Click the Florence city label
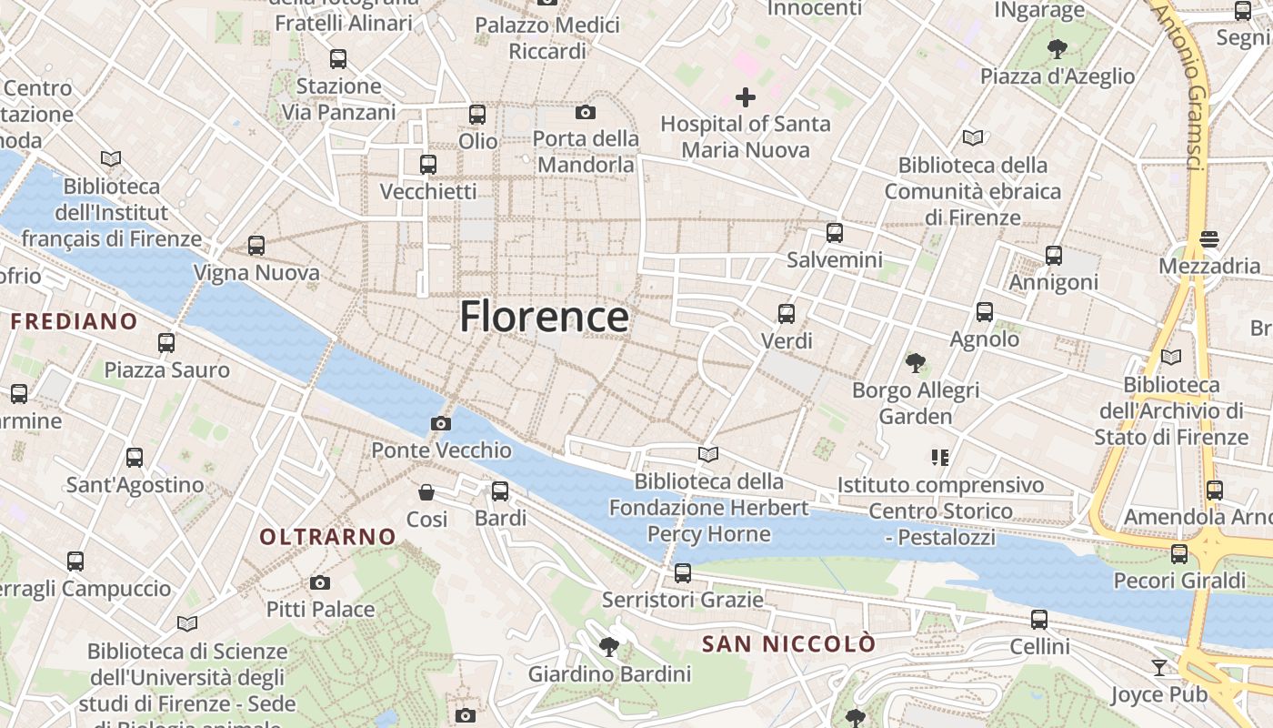coord(544,317)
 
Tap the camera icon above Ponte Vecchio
coord(441,423)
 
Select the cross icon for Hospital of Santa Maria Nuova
coord(746,97)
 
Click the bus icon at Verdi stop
coord(787,314)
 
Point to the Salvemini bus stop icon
coord(835,233)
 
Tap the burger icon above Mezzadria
coord(1209,239)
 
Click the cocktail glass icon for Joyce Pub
coord(1158,668)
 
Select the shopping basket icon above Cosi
coord(426,492)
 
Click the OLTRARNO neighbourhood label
coord(328,537)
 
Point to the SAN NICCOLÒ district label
coord(789,644)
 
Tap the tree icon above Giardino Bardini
coord(609,647)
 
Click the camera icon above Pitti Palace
coord(320,582)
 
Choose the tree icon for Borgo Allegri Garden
coord(916,363)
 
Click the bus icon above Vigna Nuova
coord(256,245)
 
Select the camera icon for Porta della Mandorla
coord(586,113)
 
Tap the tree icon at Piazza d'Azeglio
coord(1057,48)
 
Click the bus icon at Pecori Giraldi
coord(1179,553)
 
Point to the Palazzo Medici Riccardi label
coord(547,38)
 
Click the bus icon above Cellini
coord(1039,620)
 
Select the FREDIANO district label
coord(74,321)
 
